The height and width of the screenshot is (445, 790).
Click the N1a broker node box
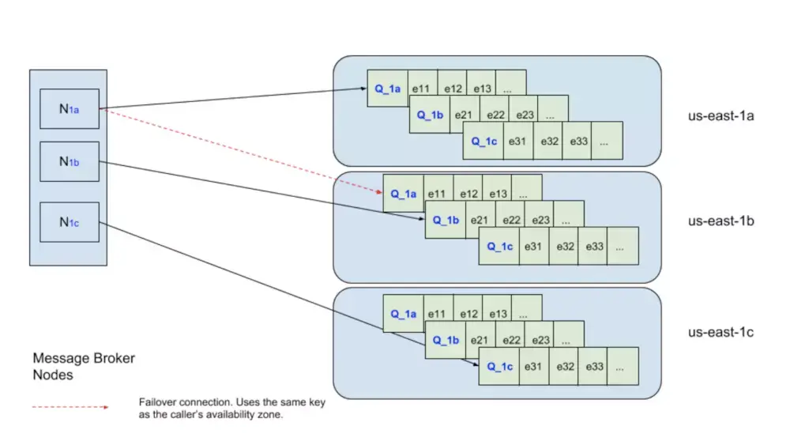70,109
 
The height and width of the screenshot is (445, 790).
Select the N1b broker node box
70,162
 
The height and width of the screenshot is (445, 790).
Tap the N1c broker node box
70,222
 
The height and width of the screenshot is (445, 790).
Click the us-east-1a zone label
721,116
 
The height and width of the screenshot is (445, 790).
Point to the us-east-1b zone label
721,221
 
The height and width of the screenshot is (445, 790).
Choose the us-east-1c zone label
721,332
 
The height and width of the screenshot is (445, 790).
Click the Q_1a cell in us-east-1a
387,89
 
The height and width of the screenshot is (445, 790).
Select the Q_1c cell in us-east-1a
483,141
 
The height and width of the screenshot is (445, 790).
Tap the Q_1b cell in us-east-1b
446,220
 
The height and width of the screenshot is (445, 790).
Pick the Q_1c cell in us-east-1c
498,367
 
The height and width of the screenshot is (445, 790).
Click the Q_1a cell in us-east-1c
403,314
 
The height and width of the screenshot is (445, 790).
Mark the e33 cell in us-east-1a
577,141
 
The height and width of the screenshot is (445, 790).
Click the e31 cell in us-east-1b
534,246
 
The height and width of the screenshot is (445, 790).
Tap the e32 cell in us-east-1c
564,367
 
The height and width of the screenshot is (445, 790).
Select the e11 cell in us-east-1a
423,89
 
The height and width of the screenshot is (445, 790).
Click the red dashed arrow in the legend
70,407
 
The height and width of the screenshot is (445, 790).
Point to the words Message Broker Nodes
84,367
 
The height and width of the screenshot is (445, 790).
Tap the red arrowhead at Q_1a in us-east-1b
380,191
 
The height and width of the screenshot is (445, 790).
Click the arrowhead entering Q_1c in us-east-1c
476,364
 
